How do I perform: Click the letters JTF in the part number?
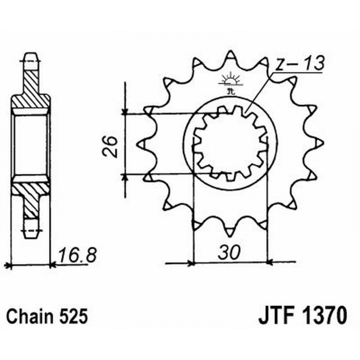pyautogui.click(x=274, y=315)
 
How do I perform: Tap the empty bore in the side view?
pyautogui.click(x=31, y=144)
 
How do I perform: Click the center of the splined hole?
pyautogui.click(x=230, y=144)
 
